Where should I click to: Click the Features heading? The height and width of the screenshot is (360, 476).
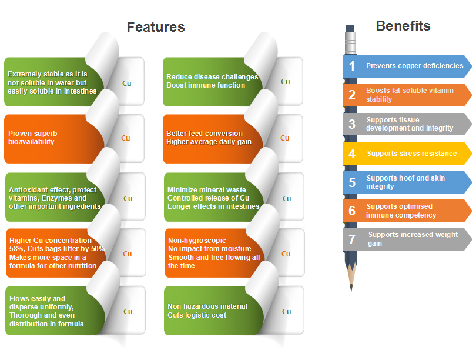pyautogui.click(x=156, y=27)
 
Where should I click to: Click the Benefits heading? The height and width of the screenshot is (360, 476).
pyautogui.click(x=403, y=26)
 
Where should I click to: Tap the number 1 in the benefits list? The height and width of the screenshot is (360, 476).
pyautogui.click(x=352, y=66)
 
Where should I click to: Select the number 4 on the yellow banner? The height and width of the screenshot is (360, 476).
pyautogui.click(x=352, y=154)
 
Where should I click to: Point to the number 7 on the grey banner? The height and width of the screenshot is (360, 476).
pyautogui.click(x=352, y=239)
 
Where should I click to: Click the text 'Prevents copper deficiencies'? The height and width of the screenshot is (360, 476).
pyautogui.click(x=414, y=66)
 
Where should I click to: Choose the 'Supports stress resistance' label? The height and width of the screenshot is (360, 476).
pyautogui.click(x=411, y=154)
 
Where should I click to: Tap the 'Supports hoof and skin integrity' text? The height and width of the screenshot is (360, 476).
pyautogui.click(x=405, y=182)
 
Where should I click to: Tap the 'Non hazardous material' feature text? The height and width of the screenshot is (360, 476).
pyautogui.click(x=207, y=306)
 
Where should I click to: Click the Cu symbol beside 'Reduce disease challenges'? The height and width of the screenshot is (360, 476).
pyautogui.click(x=285, y=82)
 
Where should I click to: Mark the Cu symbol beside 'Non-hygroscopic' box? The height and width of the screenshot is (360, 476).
pyautogui.click(x=286, y=254)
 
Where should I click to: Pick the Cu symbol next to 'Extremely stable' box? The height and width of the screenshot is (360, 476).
pyautogui.click(x=126, y=83)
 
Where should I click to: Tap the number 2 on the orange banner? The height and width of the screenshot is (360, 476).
pyautogui.click(x=352, y=95)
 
